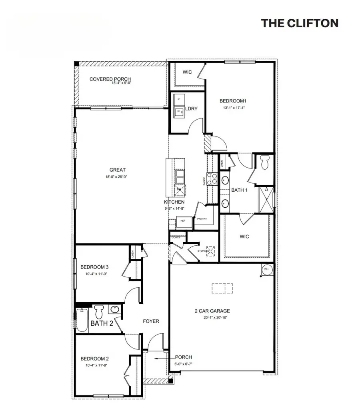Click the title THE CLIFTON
tap(300, 23)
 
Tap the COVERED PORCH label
tap(110, 79)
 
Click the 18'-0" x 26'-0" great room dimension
tap(118, 177)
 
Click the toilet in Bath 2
tap(99, 311)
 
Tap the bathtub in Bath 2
tap(82, 320)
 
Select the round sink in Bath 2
tap(115, 310)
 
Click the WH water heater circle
tap(266, 269)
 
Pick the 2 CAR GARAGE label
tap(212, 311)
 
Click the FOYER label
tap(151, 321)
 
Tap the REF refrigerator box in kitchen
tap(183, 221)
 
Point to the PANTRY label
tap(202, 219)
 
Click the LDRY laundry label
tap(191, 108)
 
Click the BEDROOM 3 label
tap(94, 267)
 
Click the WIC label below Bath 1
tap(244, 237)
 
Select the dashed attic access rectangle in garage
tap(222, 289)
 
